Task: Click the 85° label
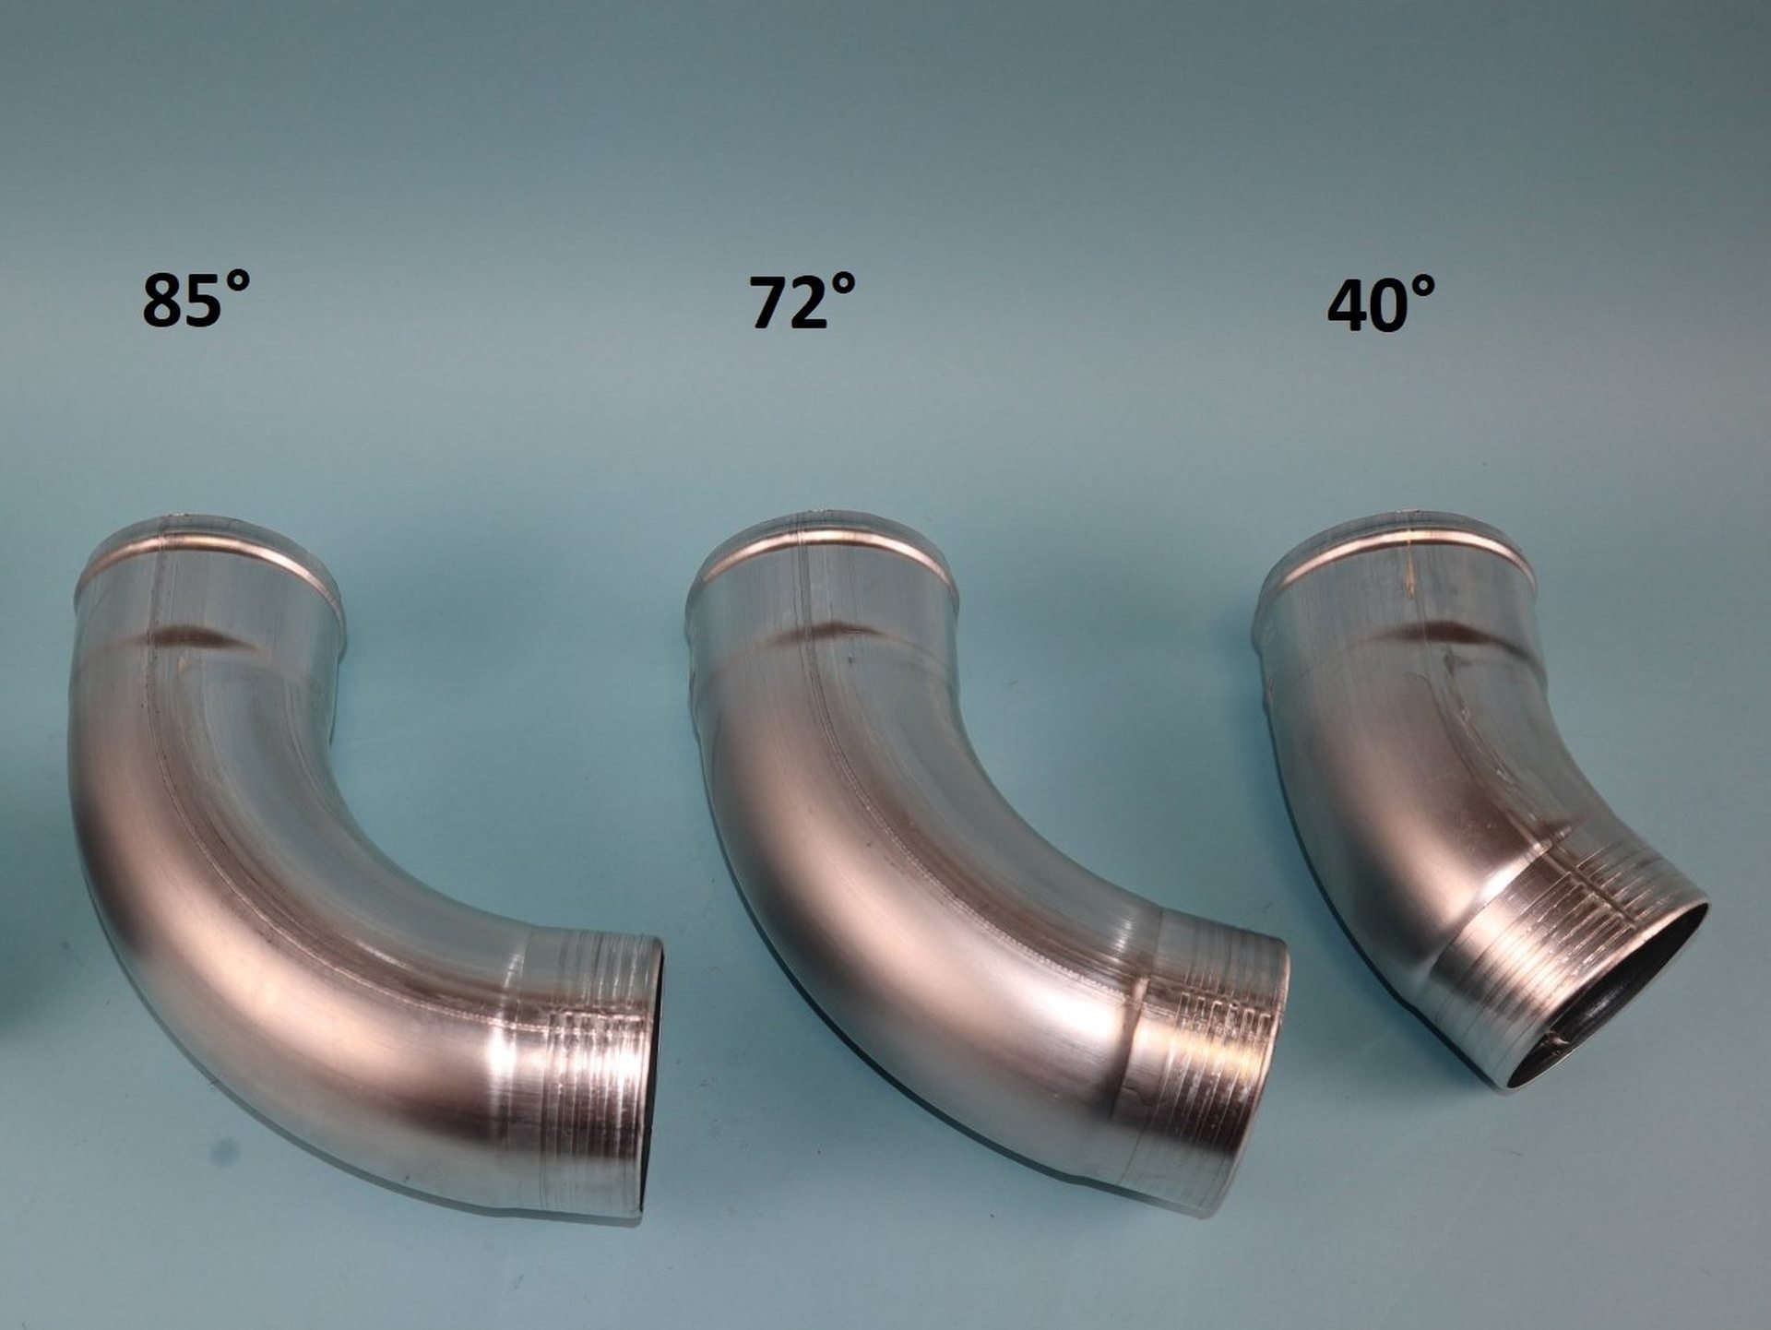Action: [x=196, y=300]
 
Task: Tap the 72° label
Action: [x=802, y=302]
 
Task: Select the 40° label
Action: [x=1381, y=303]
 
